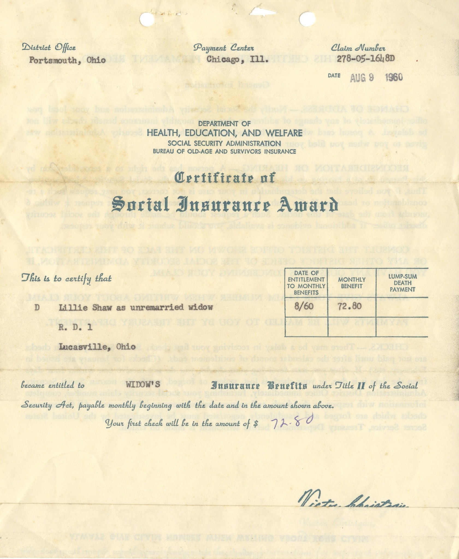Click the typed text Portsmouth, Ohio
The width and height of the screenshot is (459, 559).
pyautogui.click(x=67, y=60)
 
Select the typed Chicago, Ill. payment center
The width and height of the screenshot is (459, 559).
pyautogui.click(x=237, y=59)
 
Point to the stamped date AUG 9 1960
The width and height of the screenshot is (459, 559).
pyautogui.click(x=376, y=78)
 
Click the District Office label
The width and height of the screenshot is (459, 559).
pyautogui.click(x=49, y=48)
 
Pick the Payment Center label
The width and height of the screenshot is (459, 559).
pyautogui.click(x=224, y=48)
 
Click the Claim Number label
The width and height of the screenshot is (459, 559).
pyautogui.click(x=358, y=48)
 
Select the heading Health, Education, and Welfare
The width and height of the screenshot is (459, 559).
pyautogui.click(x=224, y=133)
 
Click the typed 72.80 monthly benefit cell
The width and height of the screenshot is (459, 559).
pyautogui.click(x=350, y=306)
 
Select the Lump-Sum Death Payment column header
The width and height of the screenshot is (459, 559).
pyautogui.click(x=402, y=283)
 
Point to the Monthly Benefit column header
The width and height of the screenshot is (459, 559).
pyautogui.click(x=351, y=283)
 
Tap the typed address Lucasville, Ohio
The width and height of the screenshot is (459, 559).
pyautogui.click(x=97, y=347)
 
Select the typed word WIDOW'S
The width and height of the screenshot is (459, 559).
pyautogui.click(x=143, y=385)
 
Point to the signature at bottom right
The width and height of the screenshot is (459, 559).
pyautogui.click(x=354, y=501)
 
